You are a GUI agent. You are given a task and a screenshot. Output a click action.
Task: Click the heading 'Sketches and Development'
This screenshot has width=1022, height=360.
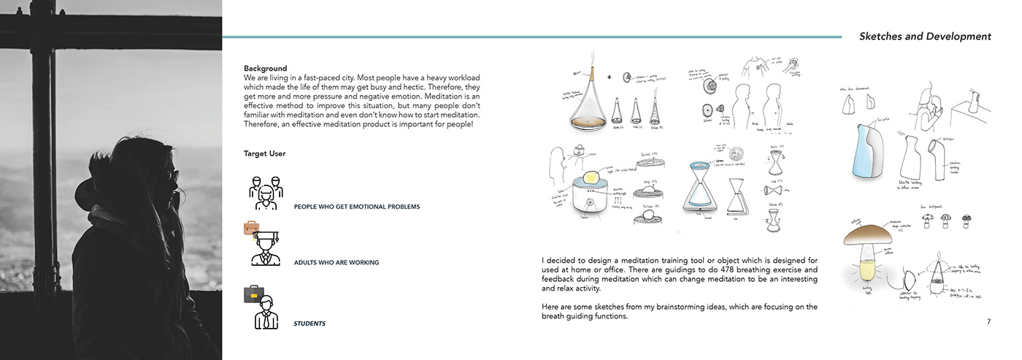(925, 36)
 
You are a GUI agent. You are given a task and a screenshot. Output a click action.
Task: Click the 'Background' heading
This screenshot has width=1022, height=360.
(265, 68)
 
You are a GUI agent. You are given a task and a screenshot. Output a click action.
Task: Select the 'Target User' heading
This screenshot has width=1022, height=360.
(264, 154)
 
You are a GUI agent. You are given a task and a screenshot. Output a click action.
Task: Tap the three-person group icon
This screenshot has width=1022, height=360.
(266, 191)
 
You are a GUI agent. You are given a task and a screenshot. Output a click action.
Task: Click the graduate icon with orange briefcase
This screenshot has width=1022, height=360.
(264, 245)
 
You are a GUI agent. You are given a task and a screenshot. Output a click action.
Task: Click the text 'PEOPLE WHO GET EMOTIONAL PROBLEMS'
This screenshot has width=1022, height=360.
(356, 207)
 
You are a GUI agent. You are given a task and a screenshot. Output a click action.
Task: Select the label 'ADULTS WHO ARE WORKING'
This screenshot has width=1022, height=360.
(336, 262)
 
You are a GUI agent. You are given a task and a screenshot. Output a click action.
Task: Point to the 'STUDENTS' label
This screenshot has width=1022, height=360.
(310, 323)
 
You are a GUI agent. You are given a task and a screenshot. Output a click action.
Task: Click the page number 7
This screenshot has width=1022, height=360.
(988, 321)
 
